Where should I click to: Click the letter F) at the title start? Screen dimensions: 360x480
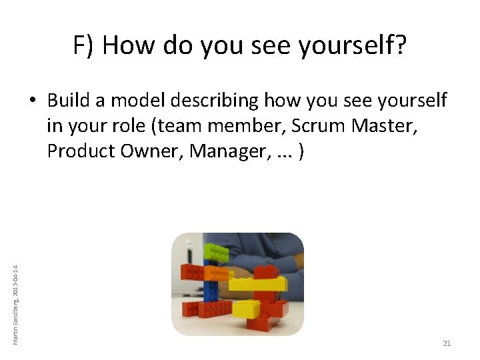(x=83, y=46)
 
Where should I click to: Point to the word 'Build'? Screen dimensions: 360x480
(x=70, y=101)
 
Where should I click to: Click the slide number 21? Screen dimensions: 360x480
(x=447, y=343)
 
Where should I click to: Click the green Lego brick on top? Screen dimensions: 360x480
(x=215, y=252)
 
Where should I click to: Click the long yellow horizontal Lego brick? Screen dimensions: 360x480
(x=257, y=284)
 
